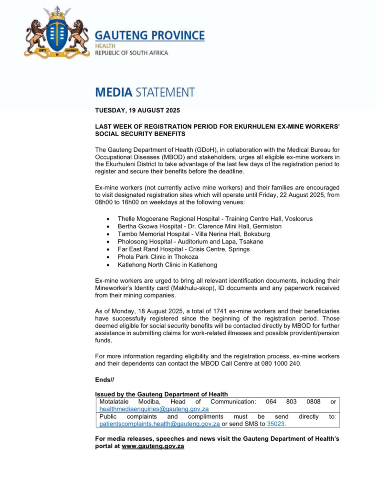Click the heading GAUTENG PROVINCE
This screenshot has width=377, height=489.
150,35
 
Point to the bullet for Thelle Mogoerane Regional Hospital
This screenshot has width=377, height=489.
109,219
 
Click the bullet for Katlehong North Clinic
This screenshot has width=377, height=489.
109,265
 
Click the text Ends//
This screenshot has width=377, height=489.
105,380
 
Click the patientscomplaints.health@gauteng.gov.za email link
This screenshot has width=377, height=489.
159,424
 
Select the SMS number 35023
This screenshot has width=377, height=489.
276,424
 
